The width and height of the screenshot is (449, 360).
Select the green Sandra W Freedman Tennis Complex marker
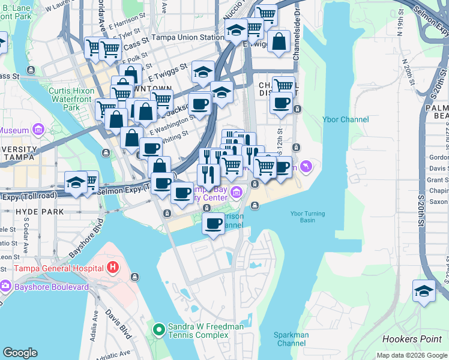click(x=158, y=329)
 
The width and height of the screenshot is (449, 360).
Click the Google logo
click(x=20, y=353)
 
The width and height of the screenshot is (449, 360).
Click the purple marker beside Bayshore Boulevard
click(x=5, y=287)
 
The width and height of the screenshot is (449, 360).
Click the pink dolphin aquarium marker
click(x=307, y=166)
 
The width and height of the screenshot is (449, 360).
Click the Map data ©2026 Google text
click(x=412, y=355)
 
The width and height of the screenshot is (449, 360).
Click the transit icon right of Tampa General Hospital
click(x=134, y=277)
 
